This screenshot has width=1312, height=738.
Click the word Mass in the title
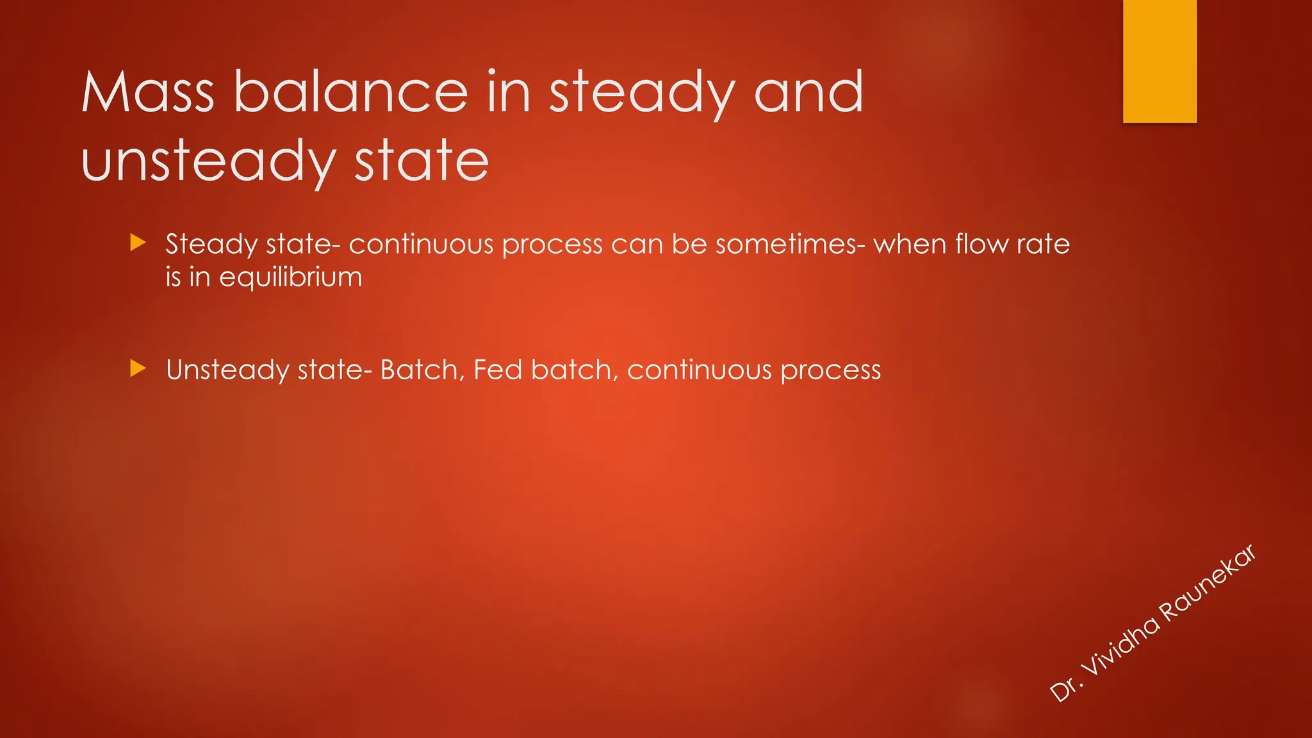click(147, 93)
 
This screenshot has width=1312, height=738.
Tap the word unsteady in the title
click(208, 161)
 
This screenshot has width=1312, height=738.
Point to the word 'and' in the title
click(808, 93)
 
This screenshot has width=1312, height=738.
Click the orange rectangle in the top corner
click(1160, 61)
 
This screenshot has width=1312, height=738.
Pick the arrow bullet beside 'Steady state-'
click(138, 243)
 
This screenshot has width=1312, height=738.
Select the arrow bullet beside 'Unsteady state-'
click(138, 368)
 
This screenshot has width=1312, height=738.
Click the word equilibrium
click(291, 277)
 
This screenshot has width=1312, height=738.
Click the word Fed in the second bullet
click(498, 370)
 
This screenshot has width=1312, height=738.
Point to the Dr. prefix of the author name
click(1065, 689)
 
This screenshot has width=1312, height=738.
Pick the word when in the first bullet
click(910, 244)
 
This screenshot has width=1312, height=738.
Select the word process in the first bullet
click(552, 244)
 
